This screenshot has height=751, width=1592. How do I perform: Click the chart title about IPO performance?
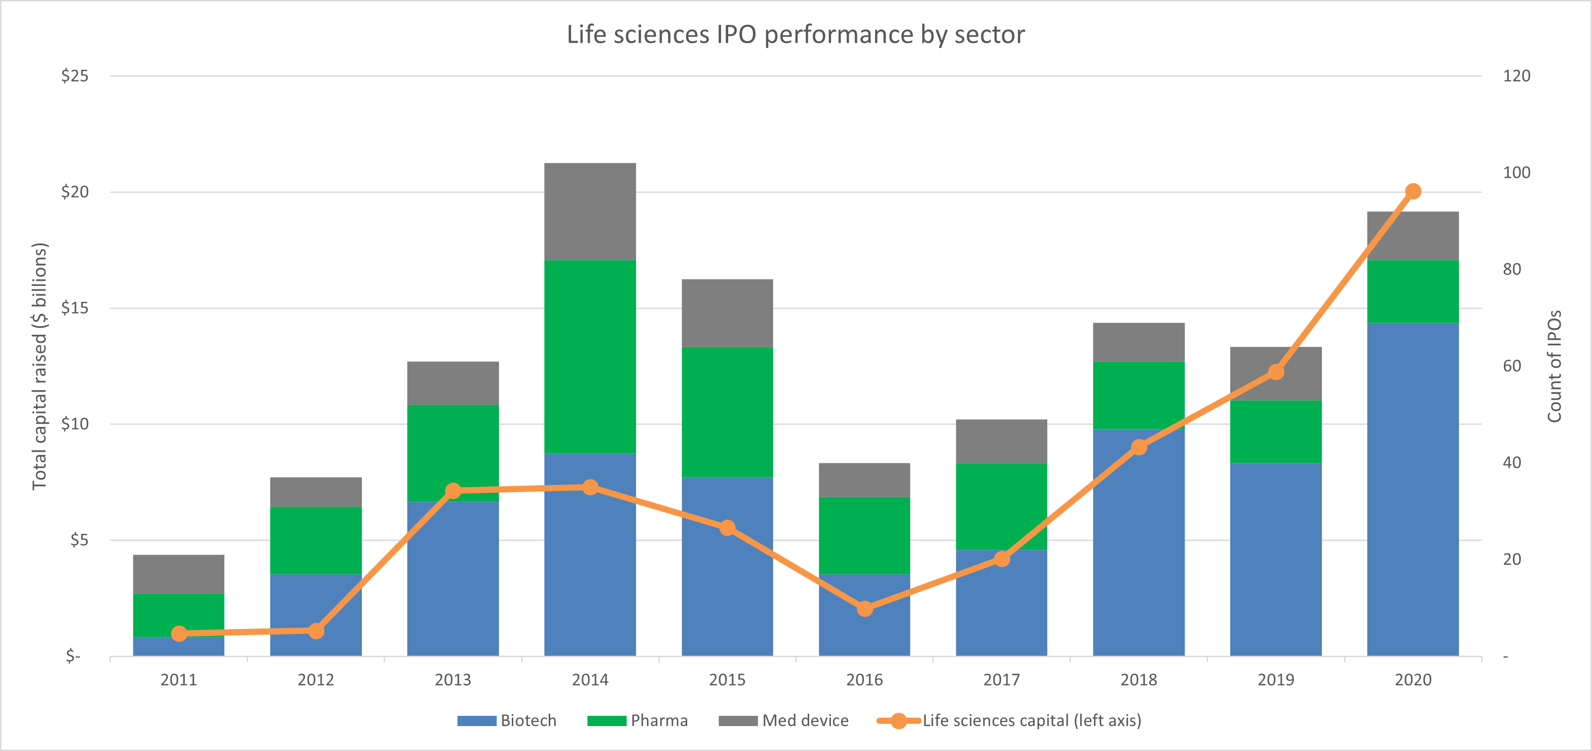click(x=795, y=35)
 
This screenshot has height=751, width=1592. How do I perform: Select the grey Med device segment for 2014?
click(x=590, y=211)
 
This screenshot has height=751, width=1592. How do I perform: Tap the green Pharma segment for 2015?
click(x=727, y=412)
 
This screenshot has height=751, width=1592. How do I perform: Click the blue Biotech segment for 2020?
click(x=1412, y=488)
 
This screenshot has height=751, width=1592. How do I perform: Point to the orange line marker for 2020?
click(x=1413, y=191)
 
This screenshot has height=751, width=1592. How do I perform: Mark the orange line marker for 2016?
click(x=865, y=609)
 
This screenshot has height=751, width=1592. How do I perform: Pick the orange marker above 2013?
click(x=453, y=491)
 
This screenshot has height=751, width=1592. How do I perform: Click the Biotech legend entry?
click(x=507, y=721)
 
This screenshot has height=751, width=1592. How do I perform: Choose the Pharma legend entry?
click(x=637, y=721)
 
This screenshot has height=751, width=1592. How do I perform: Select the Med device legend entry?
click(x=784, y=721)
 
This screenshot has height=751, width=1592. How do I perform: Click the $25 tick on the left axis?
click(x=75, y=76)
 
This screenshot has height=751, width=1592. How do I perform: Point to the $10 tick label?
click(x=75, y=424)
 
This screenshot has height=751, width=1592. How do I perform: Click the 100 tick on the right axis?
click(x=1516, y=172)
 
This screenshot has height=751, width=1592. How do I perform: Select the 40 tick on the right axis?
click(x=1511, y=463)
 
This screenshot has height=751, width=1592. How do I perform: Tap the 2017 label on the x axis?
click(x=1001, y=680)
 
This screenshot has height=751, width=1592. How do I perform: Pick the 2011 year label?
click(x=178, y=680)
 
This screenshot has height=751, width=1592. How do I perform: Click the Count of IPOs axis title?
click(x=1554, y=366)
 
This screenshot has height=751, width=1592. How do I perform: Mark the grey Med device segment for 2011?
click(x=178, y=574)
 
